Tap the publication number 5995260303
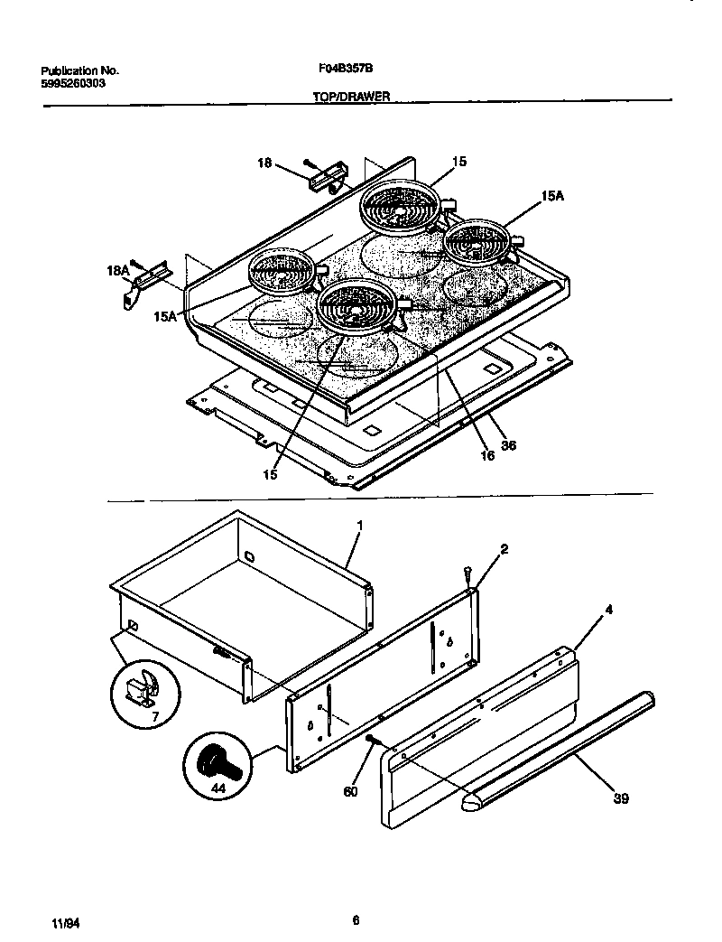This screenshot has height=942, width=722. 74,83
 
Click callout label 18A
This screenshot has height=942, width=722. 118,269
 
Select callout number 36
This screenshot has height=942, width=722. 507,445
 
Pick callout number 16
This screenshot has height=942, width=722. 487,456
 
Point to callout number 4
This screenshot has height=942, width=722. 609,610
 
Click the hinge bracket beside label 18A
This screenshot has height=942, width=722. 148,276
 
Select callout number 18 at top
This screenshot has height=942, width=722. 264,163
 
